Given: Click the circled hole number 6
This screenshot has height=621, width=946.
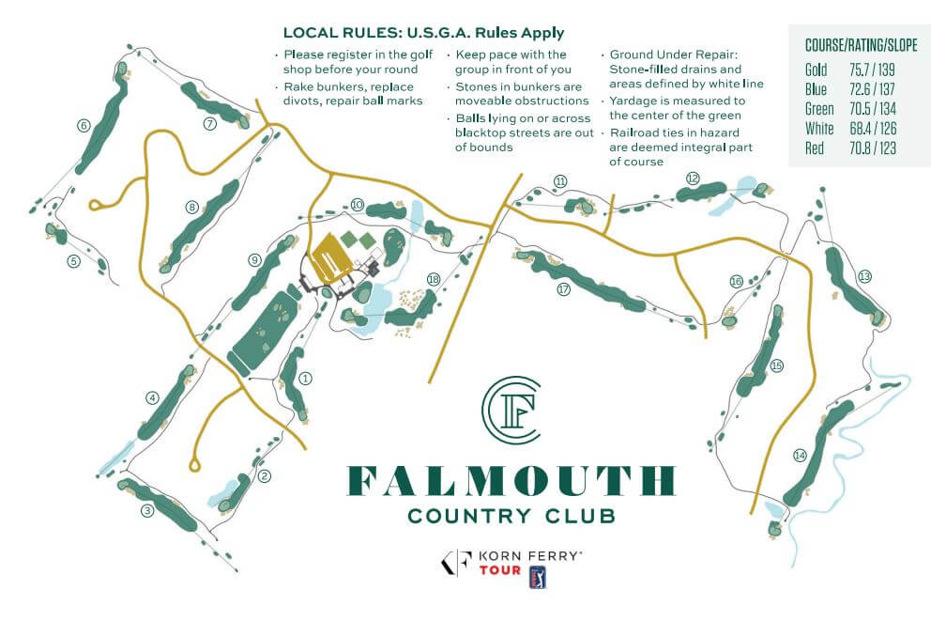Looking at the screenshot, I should pyautogui.click(x=84, y=126).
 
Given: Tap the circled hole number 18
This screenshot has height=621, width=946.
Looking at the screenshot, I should pyautogui.click(x=433, y=279).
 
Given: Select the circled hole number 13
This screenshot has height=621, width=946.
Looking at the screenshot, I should pyautogui.click(x=864, y=275).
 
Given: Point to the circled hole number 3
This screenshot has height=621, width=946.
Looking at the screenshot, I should pyautogui.click(x=146, y=511).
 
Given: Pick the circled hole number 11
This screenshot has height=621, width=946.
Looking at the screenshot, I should pyautogui.click(x=560, y=180).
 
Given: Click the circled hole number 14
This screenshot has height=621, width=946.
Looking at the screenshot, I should pyautogui.click(x=800, y=456).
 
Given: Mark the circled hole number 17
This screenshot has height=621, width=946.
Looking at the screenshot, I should pyautogui.click(x=563, y=289).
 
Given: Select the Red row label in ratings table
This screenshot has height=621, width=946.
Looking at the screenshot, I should pyautogui.click(x=815, y=149).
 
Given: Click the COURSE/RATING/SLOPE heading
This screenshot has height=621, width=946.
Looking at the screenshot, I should pyautogui.click(x=861, y=45).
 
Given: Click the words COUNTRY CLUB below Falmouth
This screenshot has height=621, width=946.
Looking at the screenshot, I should pyautogui.click(x=511, y=515).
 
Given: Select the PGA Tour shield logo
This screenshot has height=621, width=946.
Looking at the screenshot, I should pyautogui.click(x=539, y=576).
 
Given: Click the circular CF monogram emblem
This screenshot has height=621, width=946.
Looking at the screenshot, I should pyautogui.click(x=511, y=409).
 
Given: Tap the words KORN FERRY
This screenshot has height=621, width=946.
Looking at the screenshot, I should pyautogui.click(x=531, y=556).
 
